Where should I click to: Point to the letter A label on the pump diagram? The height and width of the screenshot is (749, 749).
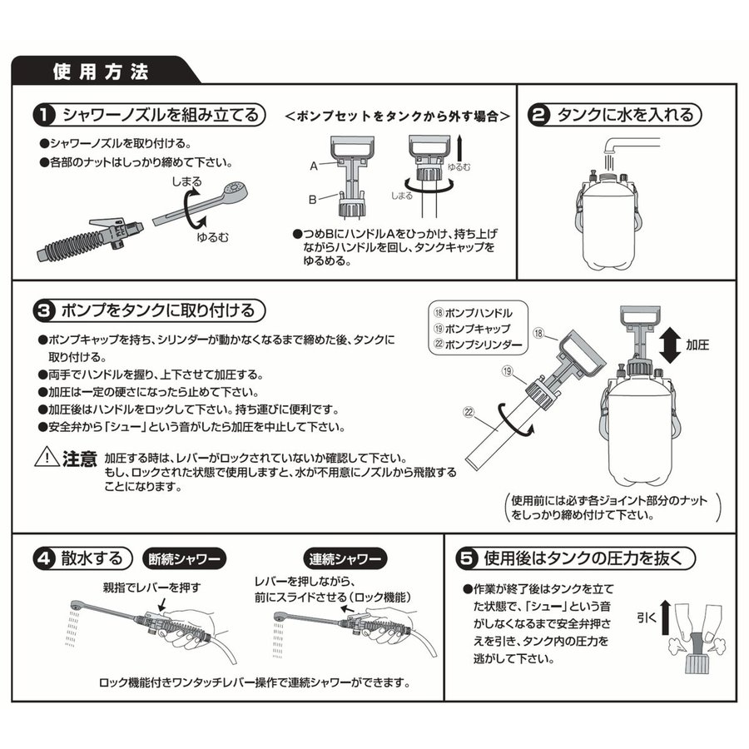point(314,166)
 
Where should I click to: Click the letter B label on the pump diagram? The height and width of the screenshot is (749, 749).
point(314,200)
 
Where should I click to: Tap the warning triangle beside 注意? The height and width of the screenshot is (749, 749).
point(47,457)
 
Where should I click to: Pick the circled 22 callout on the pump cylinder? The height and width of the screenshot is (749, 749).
point(469,409)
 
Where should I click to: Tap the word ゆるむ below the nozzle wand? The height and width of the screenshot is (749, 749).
point(212,236)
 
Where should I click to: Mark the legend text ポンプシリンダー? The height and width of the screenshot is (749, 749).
point(482,343)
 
